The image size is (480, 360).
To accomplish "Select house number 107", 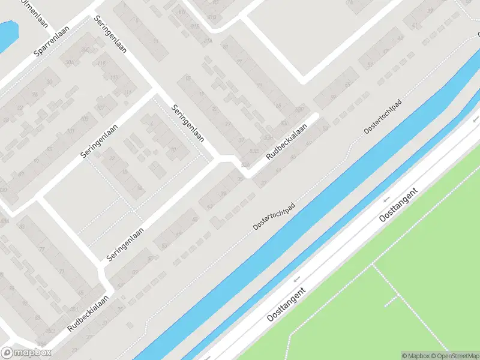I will point(100,108).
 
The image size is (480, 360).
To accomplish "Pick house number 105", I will point(85,119).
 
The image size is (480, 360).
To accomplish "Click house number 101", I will point(70,131).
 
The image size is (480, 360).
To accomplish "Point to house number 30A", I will point(70,62).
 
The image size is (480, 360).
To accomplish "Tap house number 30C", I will point(85,50).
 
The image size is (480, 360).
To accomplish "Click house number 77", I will point(42,248).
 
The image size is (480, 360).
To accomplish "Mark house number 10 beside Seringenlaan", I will point(173,149).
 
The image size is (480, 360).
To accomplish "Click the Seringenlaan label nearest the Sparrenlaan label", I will point(110,35).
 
